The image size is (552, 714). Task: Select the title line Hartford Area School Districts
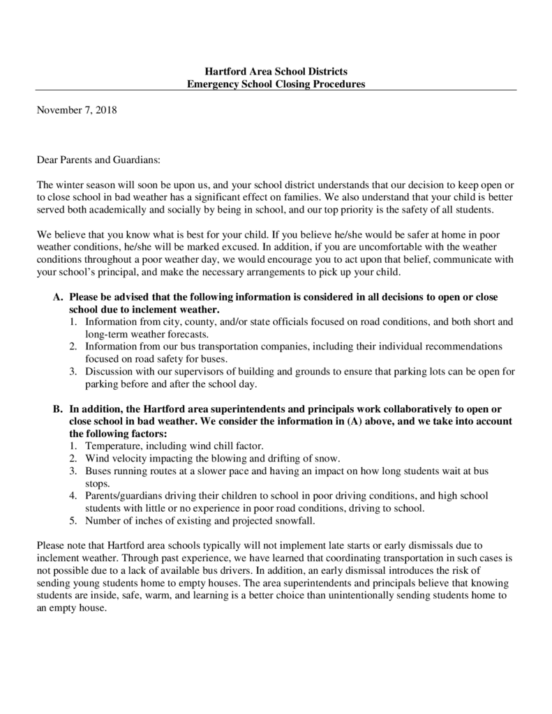pos(276,72)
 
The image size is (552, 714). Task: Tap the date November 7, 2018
pos(76,109)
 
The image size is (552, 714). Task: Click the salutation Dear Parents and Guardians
pos(98,160)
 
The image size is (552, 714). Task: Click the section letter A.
pos(58,297)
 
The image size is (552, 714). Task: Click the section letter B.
pos(58,409)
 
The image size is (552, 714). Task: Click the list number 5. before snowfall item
pos(73,520)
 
